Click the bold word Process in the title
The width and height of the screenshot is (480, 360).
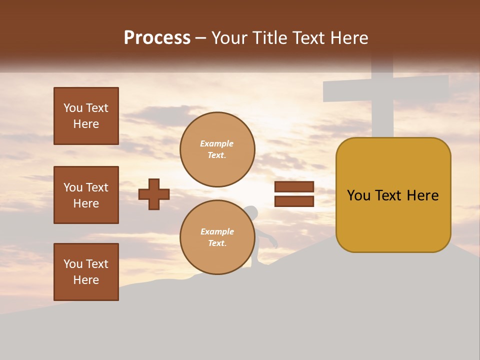(x=157, y=38)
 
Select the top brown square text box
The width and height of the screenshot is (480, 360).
(x=86, y=116)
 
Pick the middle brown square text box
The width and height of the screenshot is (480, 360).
(x=86, y=195)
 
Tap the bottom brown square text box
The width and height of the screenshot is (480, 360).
(x=86, y=272)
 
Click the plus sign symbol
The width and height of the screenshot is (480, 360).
(x=154, y=194)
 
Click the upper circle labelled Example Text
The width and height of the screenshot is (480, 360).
(x=217, y=149)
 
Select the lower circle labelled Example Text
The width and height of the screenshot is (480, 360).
(x=217, y=237)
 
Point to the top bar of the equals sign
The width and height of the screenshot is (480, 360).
(x=294, y=187)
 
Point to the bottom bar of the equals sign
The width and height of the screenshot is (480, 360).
(x=294, y=201)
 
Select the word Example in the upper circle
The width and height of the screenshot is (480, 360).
(x=217, y=143)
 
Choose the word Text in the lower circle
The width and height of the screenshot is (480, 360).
(x=216, y=243)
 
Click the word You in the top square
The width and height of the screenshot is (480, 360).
(x=73, y=108)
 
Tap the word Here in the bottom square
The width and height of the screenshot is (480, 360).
(x=86, y=280)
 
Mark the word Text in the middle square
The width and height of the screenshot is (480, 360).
(x=96, y=187)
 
